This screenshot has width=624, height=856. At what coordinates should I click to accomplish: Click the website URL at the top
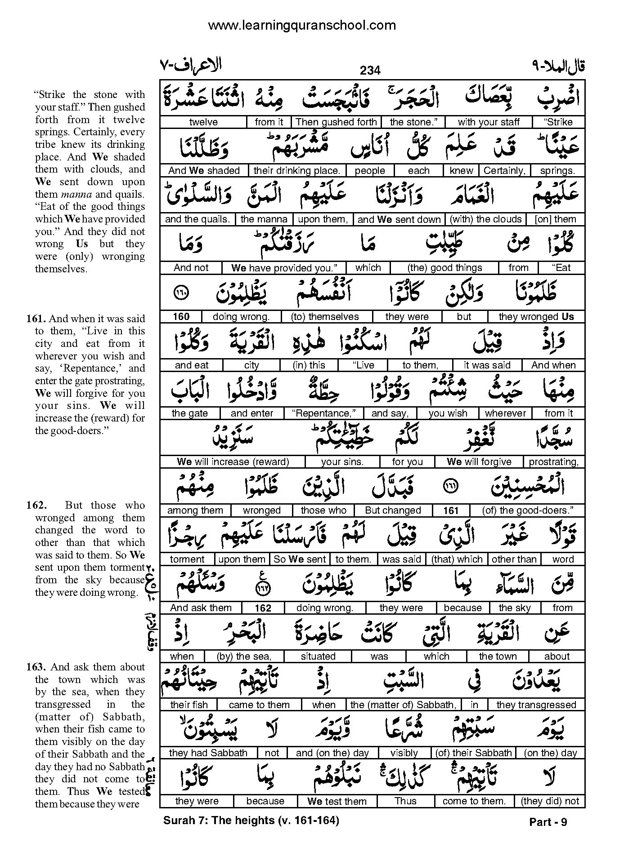[x=302, y=26]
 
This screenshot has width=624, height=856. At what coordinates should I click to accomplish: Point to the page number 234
[x=370, y=71]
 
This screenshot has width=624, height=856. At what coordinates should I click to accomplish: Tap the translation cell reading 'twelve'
[x=203, y=122]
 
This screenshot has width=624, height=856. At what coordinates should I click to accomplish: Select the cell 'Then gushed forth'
[x=336, y=122]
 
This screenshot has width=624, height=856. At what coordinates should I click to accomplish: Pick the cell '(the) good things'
[x=444, y=268]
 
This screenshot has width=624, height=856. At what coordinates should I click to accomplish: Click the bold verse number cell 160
[x=181, y=317]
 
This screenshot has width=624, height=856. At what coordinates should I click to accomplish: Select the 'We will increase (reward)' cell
[x=233, y=462]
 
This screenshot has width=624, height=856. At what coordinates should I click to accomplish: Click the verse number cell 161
[x=450, y=510]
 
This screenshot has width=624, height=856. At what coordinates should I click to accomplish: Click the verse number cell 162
[x=263, y=608]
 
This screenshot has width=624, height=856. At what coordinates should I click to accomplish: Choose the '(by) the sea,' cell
[x=244, y=656]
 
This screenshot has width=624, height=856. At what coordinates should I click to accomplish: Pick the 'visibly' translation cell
[x=404, y=753]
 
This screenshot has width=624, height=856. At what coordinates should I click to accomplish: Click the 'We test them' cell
[x=337, y=801]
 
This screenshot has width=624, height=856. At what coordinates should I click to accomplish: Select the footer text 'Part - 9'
[x=548, y=822]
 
